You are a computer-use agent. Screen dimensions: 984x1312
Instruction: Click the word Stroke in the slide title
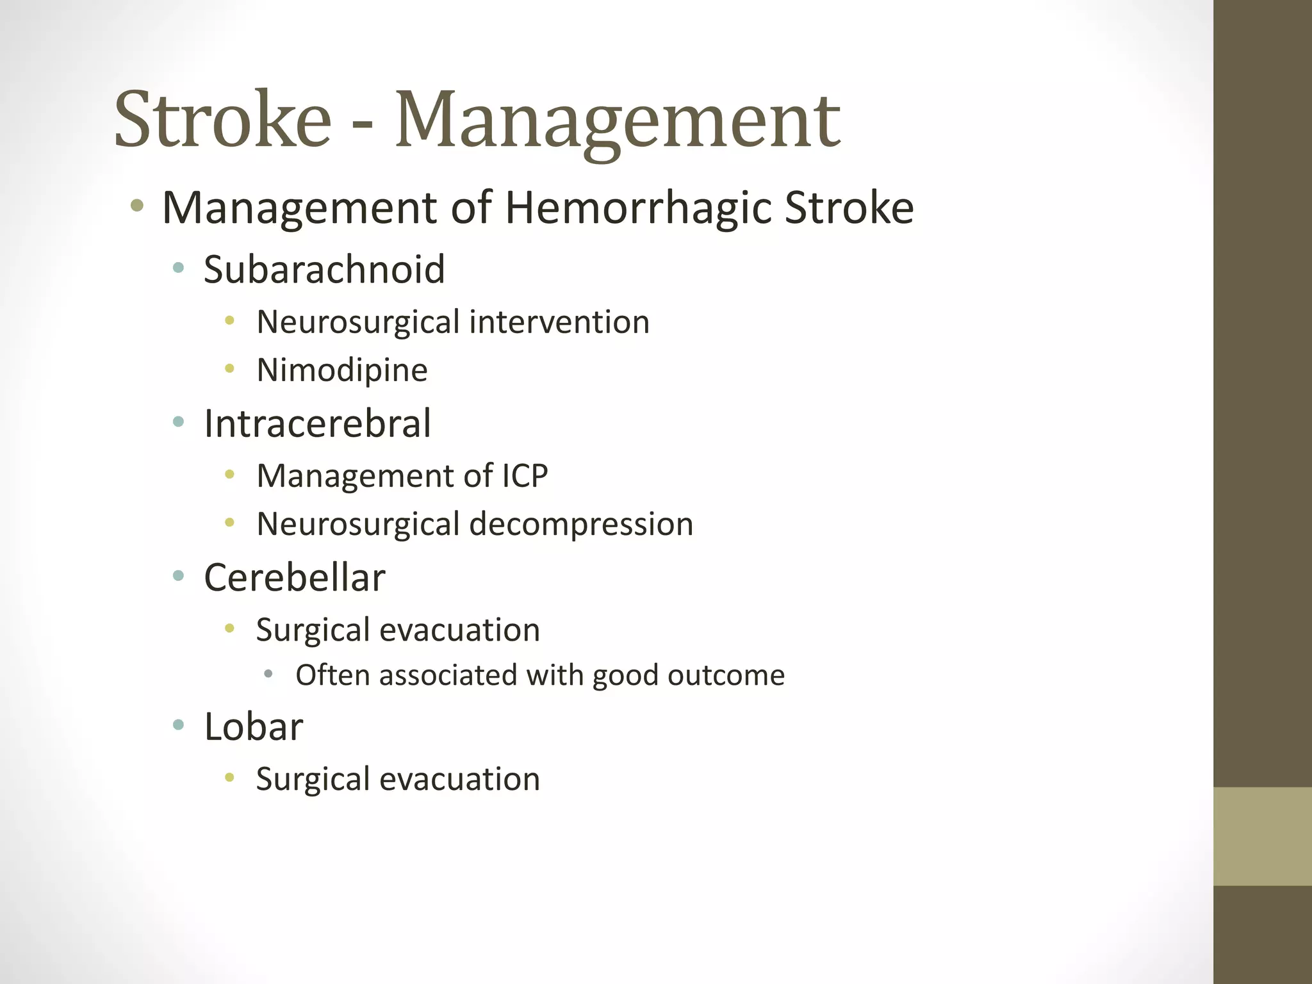[222, 120]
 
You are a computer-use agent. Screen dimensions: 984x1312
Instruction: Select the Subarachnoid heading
[324, 269]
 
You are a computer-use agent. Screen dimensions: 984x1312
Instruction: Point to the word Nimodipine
[342, 370]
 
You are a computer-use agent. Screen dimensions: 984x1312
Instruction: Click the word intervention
[559, 322]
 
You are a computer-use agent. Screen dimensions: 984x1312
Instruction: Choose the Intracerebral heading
[317, 423]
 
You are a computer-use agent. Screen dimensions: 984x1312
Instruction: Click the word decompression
[581, 524]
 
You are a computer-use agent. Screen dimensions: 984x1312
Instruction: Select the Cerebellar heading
[295, 578]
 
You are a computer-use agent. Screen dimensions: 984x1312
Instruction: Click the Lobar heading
[253, 727]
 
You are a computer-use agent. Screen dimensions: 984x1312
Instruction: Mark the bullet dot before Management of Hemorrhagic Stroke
[136, 206]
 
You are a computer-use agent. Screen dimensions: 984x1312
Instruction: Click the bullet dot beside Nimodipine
[230, 369]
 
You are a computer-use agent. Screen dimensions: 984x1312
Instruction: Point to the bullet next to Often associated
[268, 674]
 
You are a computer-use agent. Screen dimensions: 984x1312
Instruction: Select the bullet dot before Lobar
[179, 725]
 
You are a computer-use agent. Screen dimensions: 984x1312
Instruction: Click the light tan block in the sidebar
[1262, 837]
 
